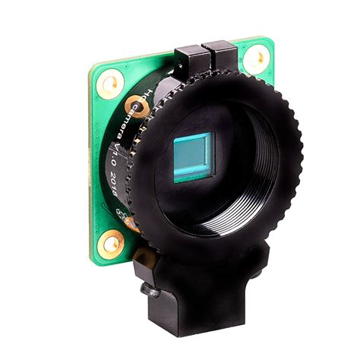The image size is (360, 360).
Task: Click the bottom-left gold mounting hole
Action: coord(112,243)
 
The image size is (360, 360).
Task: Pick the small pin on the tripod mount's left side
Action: coord(144,290)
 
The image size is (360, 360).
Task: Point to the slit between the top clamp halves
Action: coord(207,56)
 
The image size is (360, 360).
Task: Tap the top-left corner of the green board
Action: coord(93,67)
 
